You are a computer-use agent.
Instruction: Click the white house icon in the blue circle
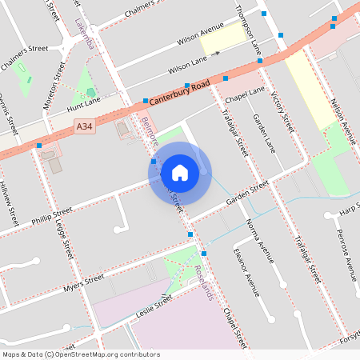(x=179, y=172)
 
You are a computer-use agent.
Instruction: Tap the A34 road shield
(x=85, y=126)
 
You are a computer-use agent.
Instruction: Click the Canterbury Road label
(x=180, y=93)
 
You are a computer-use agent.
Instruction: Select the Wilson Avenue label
(x=200, y=33)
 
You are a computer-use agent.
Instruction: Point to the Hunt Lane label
(x=85, y=104)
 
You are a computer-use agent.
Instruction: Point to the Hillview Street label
(x=9, y=201)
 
